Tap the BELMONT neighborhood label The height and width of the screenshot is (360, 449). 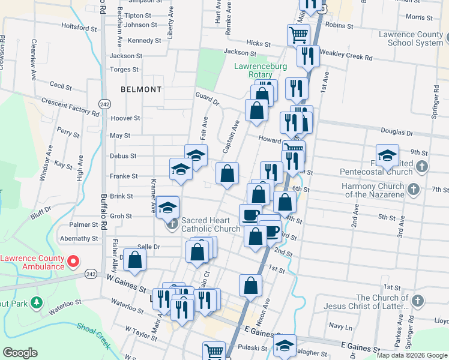click(x=141, y=89)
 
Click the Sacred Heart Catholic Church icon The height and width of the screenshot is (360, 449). click(x=172, y=224)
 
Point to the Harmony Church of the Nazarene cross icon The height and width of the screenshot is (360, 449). click(x=413, y=190)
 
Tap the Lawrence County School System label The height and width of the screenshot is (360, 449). click(x=412, y=39)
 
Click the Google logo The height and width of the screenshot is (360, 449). click(x=20, y=352)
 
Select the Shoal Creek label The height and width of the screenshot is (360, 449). click(x=93, y=336)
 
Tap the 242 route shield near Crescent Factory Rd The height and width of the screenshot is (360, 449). click(x=104, y=103)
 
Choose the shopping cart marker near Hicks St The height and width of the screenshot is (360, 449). click(x=298, y=34)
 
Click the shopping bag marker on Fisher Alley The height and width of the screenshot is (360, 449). click(x=136, y=260)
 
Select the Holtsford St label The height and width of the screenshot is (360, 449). click(x=79, y=28)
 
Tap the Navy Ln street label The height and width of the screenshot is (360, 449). click(x=340, y=326)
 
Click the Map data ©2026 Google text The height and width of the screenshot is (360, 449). click(x=411, y=355)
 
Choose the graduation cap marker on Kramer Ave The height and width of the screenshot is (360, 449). click(x=168, y=207)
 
